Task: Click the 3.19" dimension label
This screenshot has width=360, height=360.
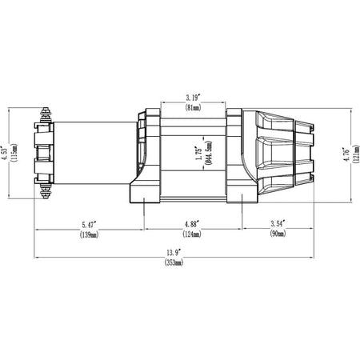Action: [x=193, y=98]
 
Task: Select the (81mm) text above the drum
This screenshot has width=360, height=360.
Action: [x=193, y=107]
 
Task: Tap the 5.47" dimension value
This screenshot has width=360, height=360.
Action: [x=90, y=225]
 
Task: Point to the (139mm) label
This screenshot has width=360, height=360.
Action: [x=89, y=234]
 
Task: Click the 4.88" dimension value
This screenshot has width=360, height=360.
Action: [x=192, y=224]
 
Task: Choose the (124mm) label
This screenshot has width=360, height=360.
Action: [x=192, y=234]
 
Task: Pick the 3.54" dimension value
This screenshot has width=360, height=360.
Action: [x=278, y=223]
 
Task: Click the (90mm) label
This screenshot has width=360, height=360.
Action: [x=278, y=234]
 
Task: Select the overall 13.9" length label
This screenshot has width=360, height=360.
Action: [x=174, y=252]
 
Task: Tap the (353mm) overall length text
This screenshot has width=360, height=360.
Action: [x=174, y=262]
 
